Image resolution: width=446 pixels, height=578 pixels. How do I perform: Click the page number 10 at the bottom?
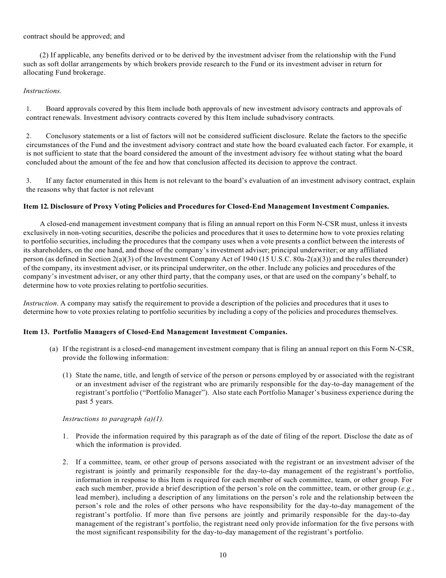pos(223,555)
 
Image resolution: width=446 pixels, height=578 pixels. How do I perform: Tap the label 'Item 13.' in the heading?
pos(36,332)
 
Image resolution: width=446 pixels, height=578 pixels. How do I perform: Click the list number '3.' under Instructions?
pos(29,180)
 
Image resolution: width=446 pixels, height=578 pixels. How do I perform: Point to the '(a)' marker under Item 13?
pos(54,349)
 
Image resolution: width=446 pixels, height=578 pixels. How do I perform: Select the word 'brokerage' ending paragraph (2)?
pos(89,72)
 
